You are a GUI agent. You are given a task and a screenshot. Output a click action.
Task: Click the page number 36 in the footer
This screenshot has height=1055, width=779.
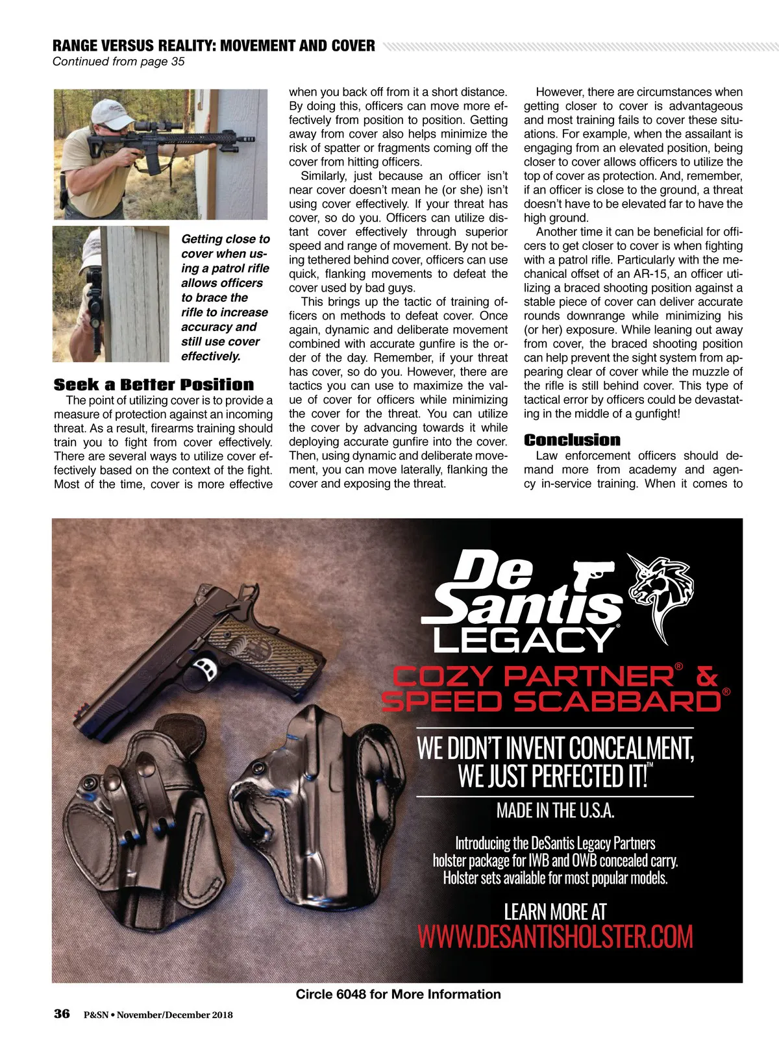(x=62, y=1014)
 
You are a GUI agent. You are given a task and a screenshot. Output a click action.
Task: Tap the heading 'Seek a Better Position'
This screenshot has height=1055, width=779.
(x=154, y=384)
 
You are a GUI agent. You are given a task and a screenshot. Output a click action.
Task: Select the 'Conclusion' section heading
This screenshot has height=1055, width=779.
(x=572, y=440)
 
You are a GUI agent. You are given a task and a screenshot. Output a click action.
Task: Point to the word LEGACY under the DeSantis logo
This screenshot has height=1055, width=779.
(x=524, y=639)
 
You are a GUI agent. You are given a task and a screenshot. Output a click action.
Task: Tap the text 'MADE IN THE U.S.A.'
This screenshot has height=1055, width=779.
(x=555, y=810)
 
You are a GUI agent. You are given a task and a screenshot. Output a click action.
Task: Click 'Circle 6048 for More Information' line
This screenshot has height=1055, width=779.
(x=398, y=994)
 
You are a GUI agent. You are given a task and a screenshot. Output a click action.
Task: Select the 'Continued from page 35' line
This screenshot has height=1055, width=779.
(x=118, y=62)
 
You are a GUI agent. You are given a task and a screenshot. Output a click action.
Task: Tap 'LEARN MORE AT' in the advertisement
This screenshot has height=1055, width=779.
(x=555, y=912)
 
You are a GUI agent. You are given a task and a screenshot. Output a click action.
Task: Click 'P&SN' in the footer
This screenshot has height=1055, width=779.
(x=95, y=1015)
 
